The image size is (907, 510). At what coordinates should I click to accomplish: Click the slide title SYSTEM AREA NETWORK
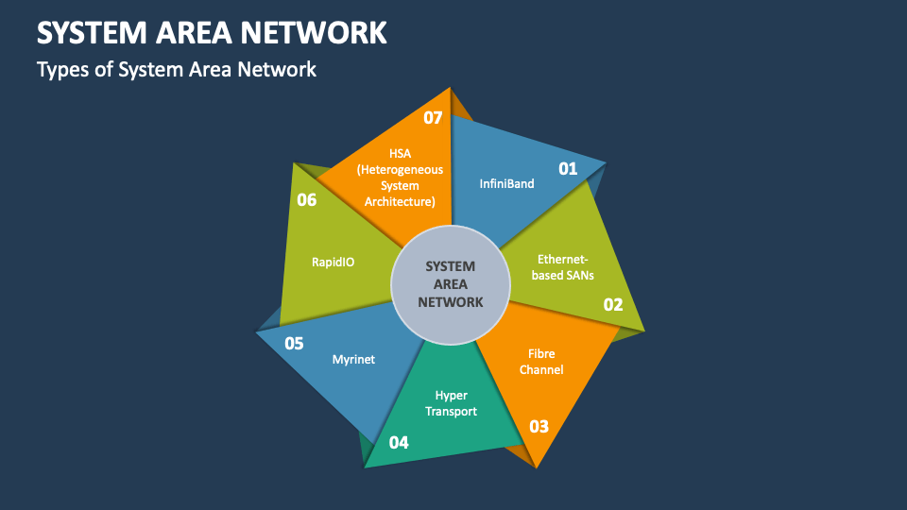point(212,32)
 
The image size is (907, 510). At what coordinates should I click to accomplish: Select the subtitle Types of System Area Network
point(176,69)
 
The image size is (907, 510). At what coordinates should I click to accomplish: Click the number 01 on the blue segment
point(568,169)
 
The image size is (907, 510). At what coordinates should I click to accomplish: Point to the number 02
point(613,304)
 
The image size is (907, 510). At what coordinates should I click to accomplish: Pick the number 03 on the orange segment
point(539,426)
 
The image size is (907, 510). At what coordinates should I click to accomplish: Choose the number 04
point(399,441)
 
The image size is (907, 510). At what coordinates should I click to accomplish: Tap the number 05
point(294,343)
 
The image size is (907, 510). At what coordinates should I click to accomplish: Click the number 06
point(306,199)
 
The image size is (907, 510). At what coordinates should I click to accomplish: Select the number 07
point(433,118)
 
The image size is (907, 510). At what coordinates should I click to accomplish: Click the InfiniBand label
point(506,183)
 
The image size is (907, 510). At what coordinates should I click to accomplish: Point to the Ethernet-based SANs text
point(563,266)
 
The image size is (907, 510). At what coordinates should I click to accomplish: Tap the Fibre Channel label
point(541,362)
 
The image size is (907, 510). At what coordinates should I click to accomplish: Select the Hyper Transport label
point(451,403)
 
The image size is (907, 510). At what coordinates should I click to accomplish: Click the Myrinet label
point(354,359)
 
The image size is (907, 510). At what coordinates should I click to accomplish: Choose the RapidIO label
point(333,262)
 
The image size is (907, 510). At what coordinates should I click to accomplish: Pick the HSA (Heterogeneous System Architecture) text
point(400,177)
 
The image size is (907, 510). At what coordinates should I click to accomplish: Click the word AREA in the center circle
point(452,284)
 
